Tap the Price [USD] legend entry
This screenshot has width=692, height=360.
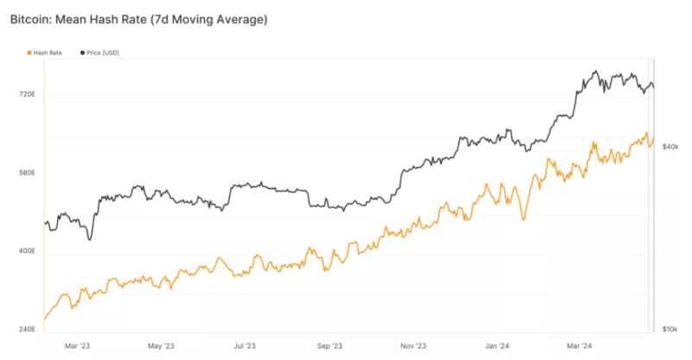click(100, 53)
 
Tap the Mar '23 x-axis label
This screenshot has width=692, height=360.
click(77, 346)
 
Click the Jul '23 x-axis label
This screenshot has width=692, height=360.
click(245, 346)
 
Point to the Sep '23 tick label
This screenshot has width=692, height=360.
click(330, 346)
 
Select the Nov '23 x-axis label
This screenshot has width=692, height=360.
click(414, 346)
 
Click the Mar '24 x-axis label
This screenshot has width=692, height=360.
click(580, 346)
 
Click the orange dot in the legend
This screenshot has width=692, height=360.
click(28, 53)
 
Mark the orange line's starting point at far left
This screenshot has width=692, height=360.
click(45, 318)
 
